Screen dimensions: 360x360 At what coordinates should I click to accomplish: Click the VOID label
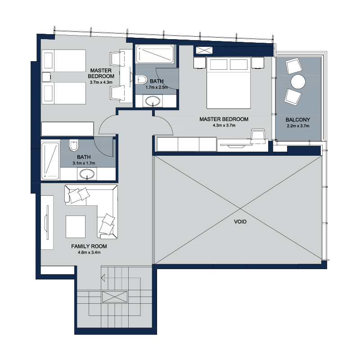point(240,221)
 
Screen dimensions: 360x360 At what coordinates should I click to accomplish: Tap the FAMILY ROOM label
point(89,246)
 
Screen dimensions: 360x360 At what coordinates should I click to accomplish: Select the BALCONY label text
point(298,120)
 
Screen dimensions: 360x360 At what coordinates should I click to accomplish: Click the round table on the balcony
point(298,81)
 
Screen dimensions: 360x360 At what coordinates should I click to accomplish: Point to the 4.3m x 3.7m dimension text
point(224,126)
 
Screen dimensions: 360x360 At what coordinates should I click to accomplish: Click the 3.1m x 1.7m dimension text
point(84,163)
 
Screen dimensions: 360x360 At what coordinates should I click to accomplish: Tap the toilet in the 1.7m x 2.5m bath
point(142,80)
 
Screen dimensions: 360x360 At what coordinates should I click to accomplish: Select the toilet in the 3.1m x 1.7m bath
point(74,145)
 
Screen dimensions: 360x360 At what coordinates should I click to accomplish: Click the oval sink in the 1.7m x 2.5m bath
point(153,101)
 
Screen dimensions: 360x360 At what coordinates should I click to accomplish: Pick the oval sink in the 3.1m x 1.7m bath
point(87,174)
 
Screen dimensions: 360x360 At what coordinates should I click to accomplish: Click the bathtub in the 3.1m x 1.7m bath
point(50,161)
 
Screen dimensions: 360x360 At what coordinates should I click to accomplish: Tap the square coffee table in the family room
point(76,227)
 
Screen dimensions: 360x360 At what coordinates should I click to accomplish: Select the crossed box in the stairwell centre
point(115,297)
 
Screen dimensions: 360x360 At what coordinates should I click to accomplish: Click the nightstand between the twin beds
point(46,77)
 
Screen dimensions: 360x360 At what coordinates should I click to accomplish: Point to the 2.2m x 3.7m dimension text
point(298,126)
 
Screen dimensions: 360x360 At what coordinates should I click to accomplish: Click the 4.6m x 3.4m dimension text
point(89,252)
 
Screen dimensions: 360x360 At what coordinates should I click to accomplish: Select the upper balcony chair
point(294,66)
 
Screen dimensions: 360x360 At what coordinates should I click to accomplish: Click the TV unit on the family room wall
point(47,222)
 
